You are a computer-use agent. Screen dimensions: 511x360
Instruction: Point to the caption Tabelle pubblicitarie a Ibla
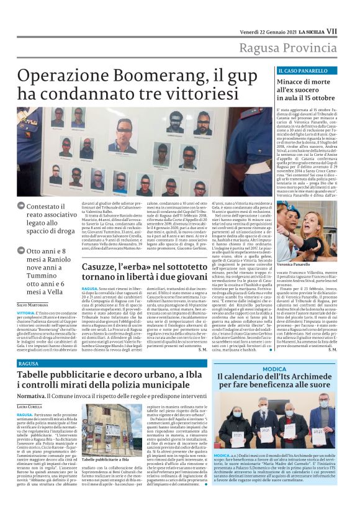106,459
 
